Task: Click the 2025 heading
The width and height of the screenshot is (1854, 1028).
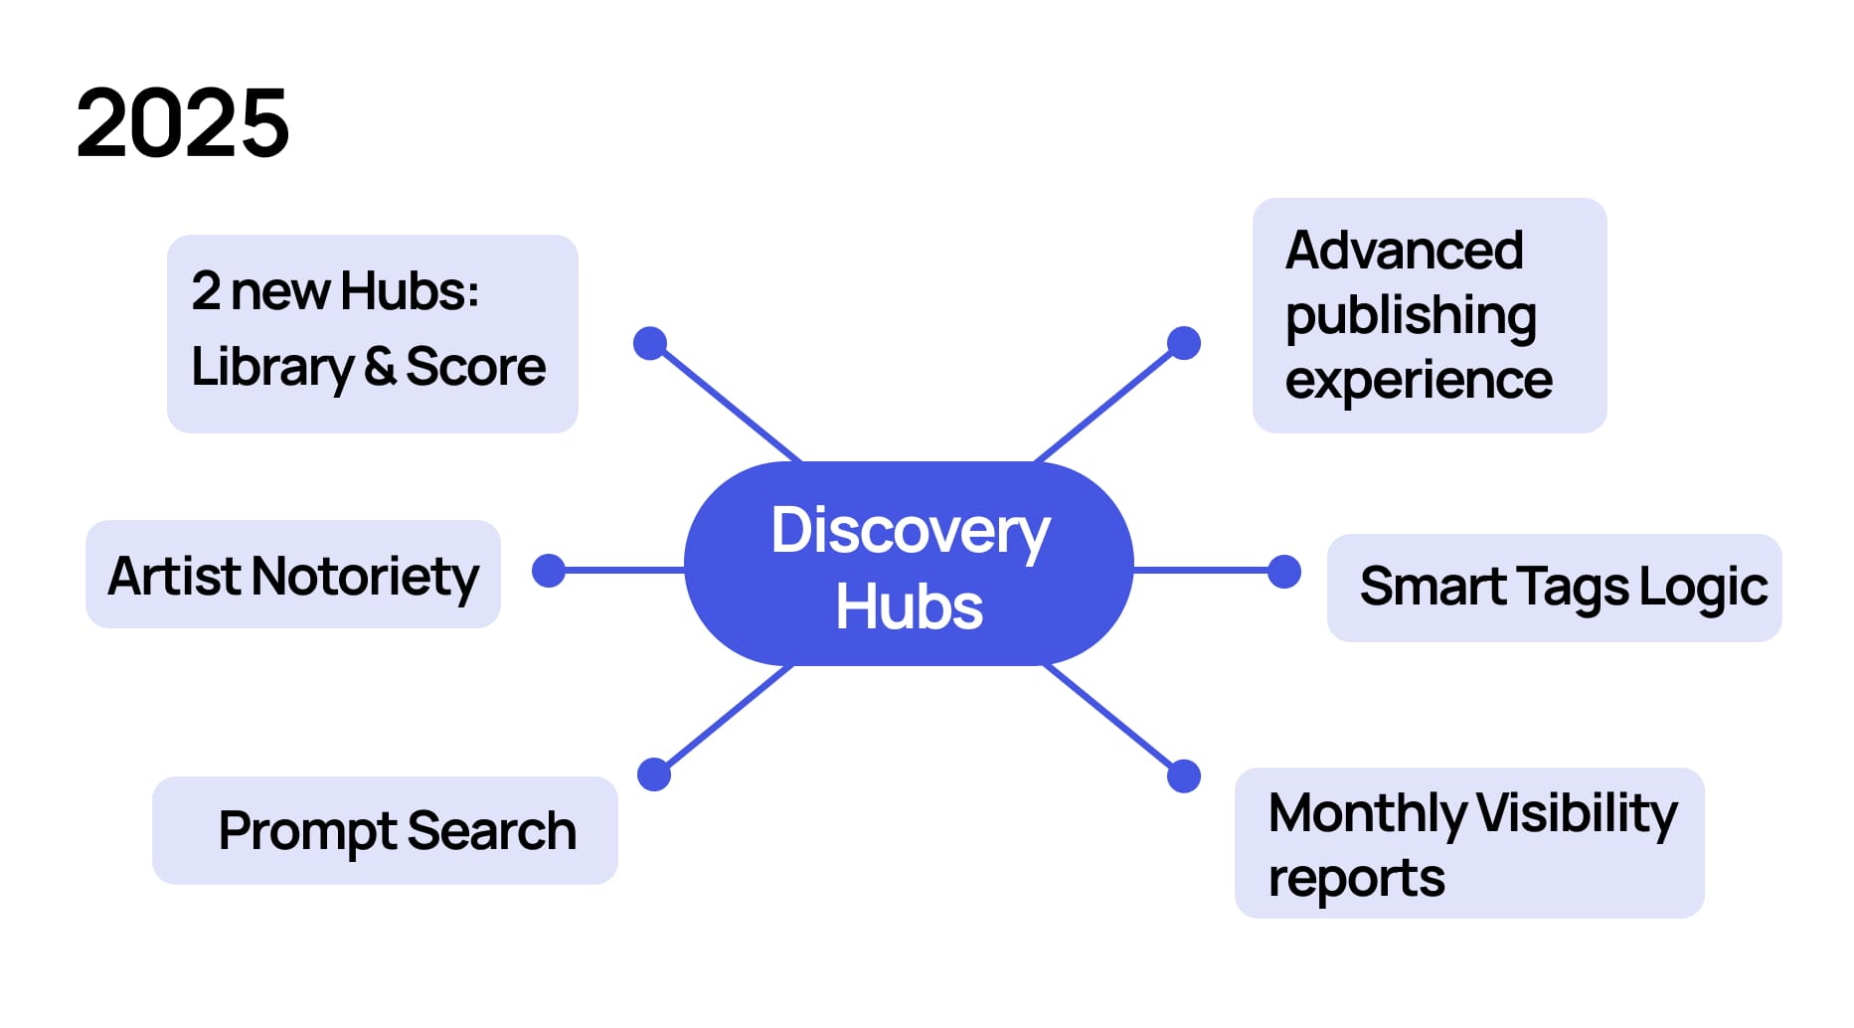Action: pos(183,123)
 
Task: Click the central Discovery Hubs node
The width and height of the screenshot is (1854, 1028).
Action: pos(909,565)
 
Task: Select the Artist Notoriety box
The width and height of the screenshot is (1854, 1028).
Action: pos(293,575)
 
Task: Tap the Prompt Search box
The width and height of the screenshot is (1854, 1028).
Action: pos(385,830)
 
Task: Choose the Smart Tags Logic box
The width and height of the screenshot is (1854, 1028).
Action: pos(1554,588)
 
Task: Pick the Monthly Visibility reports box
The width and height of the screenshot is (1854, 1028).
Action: pos(1468,843)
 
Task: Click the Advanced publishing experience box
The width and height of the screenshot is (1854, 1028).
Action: pos(1429,315)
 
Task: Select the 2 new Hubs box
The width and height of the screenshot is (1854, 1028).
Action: pos(372,333)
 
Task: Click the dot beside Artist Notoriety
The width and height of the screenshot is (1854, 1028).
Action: pos(549,571)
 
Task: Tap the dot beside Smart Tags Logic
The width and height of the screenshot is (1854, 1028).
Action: pos(1284,572)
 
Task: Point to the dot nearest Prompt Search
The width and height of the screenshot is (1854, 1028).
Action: pos(653,774)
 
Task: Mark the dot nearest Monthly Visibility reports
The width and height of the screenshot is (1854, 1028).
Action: pos(1183,775)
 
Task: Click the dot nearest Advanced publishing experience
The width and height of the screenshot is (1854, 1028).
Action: pos(1183,343)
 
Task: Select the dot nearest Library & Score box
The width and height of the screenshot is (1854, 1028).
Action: pos(650,343)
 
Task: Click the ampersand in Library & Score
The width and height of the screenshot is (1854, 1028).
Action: pos(380,366)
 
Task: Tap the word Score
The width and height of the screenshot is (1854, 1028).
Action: pos(475,366)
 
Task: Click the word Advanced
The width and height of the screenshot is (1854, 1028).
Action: pos(1404,251)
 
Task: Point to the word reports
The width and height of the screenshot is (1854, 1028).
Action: pos(1356,879)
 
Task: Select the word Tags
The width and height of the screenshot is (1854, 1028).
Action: pos(1574,587)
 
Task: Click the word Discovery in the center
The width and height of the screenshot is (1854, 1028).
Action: pos(910,531)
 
